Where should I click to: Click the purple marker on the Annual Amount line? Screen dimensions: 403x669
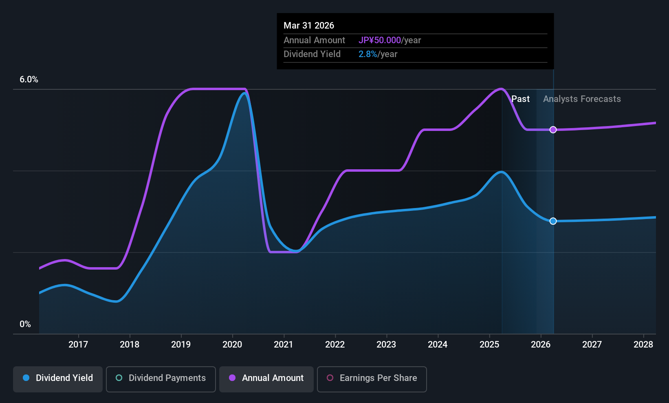[x=553, y=130]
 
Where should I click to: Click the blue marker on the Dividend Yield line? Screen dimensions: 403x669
[x=553, y=221]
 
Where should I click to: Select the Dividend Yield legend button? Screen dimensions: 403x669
[x=58, y=378]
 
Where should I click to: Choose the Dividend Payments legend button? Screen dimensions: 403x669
[x=161, y=378]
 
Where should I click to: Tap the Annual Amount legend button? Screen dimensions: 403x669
[x=266, y=378]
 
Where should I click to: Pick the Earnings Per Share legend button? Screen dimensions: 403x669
[x=372, y=378]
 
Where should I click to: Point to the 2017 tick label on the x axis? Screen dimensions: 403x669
[x=78, y=345]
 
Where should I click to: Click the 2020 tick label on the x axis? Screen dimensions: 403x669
[x=232, y=345]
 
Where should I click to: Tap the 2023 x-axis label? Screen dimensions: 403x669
[x=386, y=345]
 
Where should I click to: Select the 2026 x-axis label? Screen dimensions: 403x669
[x=541, y=345]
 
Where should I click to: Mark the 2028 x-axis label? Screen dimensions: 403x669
[x=643, y=345]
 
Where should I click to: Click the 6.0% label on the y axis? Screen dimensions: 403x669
[x=29, y=80]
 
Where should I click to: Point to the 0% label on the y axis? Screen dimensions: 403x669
[x=25, y=324]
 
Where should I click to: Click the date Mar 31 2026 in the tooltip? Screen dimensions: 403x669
[x=309, y=26]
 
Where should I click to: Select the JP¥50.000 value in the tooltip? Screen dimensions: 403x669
[x=380, y=40]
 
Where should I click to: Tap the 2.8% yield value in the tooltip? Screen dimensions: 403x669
[x=368, y=54]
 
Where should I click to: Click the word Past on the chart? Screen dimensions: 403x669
[x=520, y=99]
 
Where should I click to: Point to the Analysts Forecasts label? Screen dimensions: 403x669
[x=582, y=99]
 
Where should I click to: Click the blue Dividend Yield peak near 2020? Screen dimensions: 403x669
[x=244, y=93]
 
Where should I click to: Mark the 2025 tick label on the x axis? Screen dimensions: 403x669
[x=489, y=345]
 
